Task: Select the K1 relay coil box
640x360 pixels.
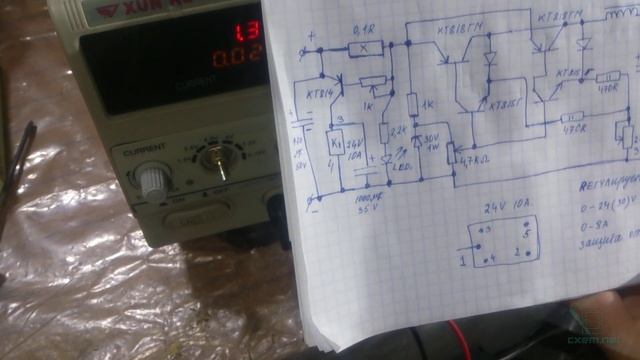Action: coord(334,143)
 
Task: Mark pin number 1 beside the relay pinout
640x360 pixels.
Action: coord(463,262)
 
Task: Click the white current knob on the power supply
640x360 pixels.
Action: coord(151,180)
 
